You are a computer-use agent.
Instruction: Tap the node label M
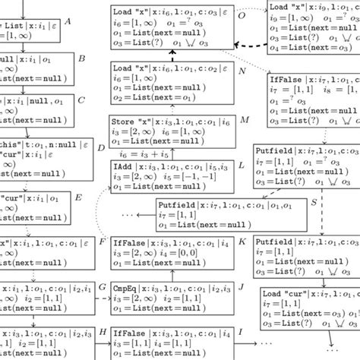point(244,120)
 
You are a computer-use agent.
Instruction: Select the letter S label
point(314,204)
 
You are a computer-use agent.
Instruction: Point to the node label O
point(242,14)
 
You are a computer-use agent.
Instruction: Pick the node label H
point(103,333)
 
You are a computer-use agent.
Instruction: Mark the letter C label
point(82,99)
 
